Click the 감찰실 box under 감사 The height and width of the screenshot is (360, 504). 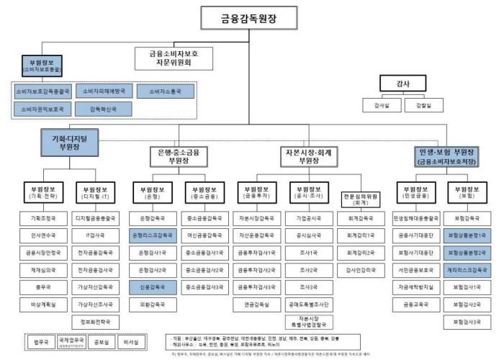[x=423, y=105]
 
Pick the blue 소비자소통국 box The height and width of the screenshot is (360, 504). [x=164, y=91]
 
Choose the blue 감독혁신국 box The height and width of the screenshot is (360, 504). [x=102, y=109]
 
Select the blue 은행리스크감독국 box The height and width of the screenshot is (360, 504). [x=152, y=235]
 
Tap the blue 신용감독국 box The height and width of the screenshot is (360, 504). [x=152, y=287]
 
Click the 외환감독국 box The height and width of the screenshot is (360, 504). [x=152, y=304]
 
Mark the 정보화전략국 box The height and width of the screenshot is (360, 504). [x=96, y=321]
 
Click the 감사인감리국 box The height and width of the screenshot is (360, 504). [x=361, y=269]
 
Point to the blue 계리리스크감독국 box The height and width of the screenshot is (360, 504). [x=470, y=269]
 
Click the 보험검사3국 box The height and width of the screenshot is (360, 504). [x=470, y=321]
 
